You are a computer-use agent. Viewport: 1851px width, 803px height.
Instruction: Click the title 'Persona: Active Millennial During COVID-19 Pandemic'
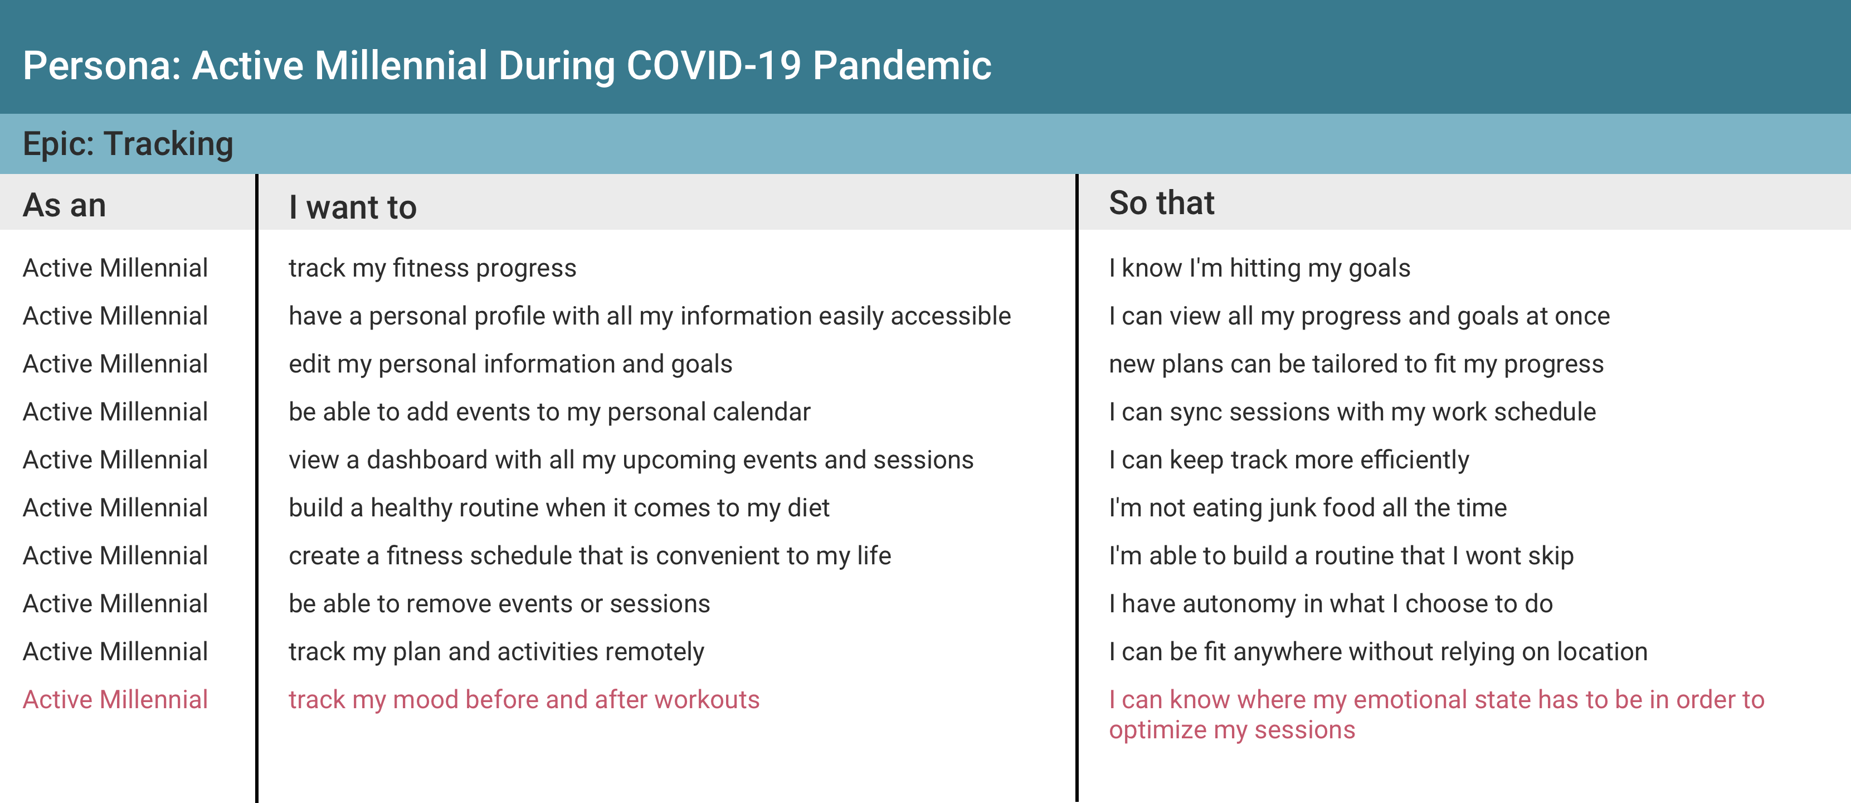506,65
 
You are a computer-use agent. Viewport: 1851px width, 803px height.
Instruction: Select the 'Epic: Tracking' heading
128,144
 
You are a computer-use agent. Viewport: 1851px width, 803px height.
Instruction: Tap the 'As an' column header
65,206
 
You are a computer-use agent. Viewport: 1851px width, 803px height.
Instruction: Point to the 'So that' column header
1161,203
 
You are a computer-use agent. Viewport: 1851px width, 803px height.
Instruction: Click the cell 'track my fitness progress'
432,269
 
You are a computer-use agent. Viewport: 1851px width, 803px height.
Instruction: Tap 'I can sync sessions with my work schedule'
1352,412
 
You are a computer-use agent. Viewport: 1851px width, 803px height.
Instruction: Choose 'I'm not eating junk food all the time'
1308,508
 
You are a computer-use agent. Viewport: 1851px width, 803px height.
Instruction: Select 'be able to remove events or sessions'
499,604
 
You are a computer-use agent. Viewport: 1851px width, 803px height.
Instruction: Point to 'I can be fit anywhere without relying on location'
1378,652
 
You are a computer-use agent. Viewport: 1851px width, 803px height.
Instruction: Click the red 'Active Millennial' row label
115,699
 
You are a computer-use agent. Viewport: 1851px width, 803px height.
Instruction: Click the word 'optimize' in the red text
1158,731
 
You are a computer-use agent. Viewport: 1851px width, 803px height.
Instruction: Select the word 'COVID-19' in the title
714,65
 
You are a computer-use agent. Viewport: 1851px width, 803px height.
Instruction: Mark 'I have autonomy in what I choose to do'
1331,604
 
